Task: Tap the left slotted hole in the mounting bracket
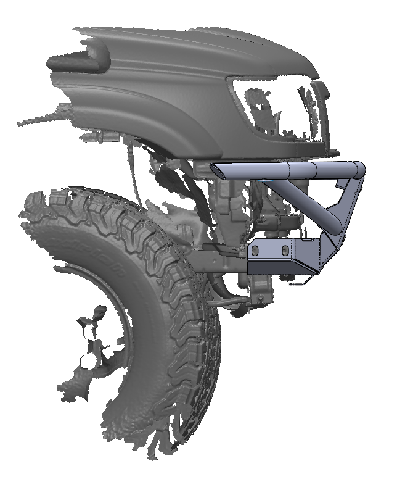253,251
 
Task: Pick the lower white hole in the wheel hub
88,359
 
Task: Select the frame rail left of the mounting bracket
216,262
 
